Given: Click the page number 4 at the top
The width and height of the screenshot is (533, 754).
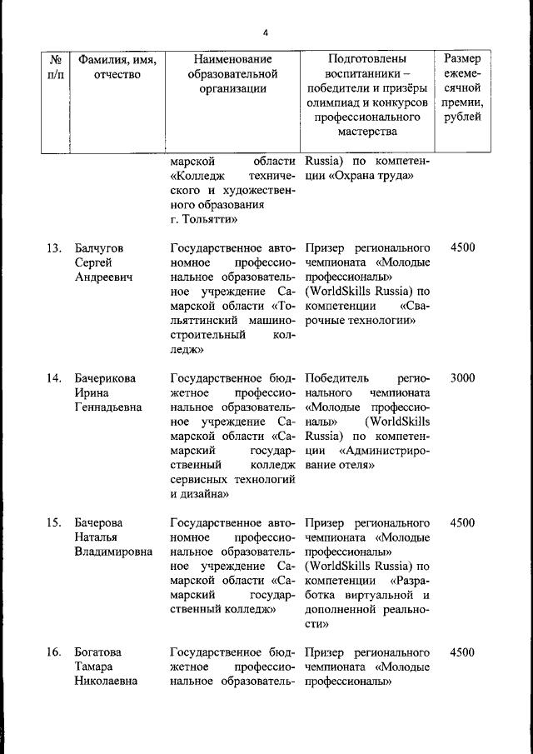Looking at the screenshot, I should [x=265, y=33].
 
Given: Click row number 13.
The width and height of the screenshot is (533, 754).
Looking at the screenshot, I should [x=54, y=247].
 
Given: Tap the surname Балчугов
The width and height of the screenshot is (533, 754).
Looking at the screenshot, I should [x=99, y=247].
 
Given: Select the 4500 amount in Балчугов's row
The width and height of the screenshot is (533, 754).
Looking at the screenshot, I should [x=462, y=247].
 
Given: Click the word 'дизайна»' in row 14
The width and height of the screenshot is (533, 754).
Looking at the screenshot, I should [x=200, y=493].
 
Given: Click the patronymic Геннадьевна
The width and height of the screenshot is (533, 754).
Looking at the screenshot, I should [x=107, y=407].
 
